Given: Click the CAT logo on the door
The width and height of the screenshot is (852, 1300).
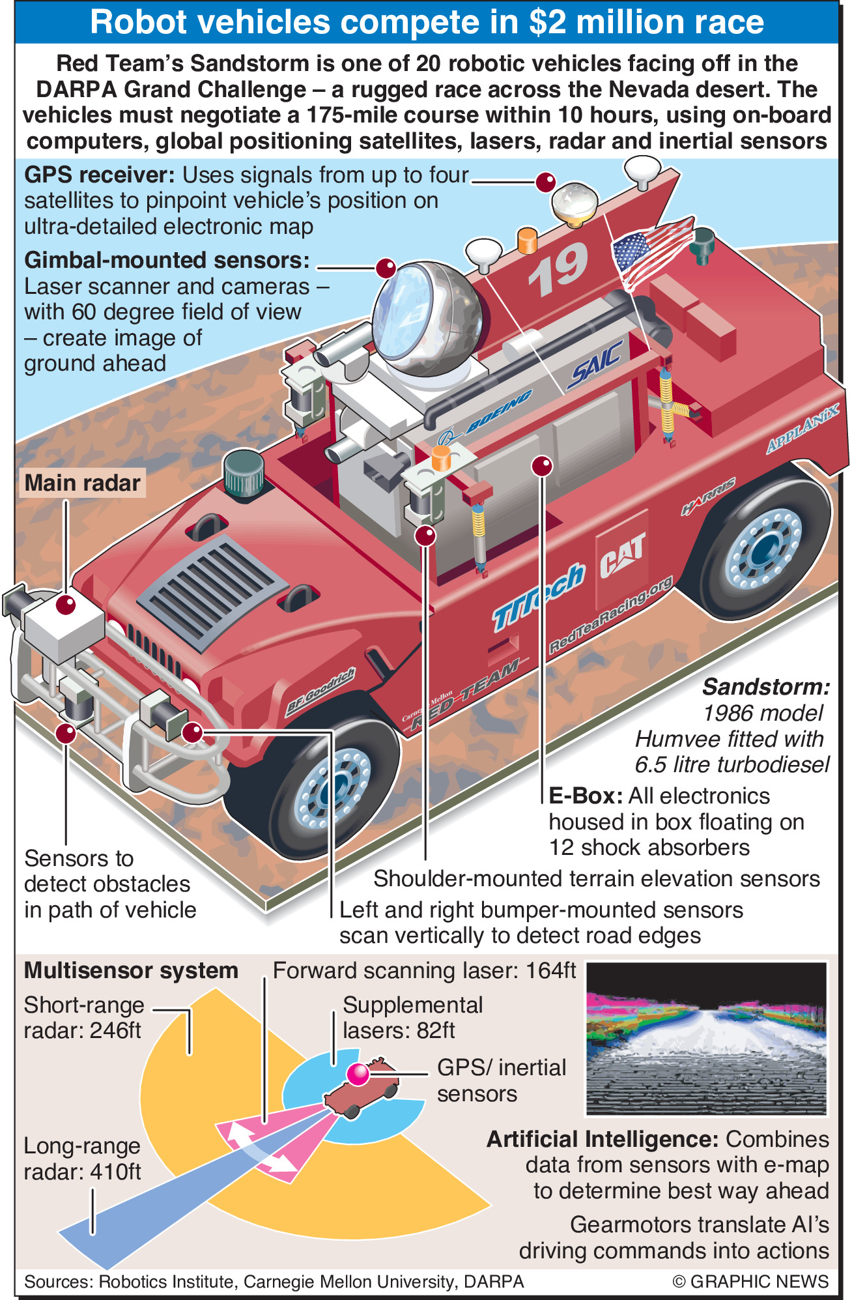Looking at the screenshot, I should (622, 554).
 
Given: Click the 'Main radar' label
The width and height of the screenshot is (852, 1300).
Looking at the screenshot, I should (82, 483).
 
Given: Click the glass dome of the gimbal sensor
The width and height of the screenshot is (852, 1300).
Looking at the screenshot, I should (423, 313).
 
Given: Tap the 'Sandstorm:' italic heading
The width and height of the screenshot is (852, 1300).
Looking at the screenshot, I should (766, 687).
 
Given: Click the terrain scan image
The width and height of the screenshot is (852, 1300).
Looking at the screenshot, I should (706, 1039).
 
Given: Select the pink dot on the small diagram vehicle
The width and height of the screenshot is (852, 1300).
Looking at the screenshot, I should (358, 1074).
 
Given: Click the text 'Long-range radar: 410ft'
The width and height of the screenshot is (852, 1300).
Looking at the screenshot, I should (82, 1159).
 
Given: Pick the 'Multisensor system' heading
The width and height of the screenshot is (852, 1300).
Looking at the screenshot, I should (131, 971).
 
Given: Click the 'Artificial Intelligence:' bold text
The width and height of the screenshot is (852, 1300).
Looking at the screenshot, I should (603, 1140).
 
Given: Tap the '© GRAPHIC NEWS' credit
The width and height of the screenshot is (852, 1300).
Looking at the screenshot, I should (750, 1281).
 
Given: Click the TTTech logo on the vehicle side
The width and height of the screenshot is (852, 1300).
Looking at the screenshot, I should (537, 596).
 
